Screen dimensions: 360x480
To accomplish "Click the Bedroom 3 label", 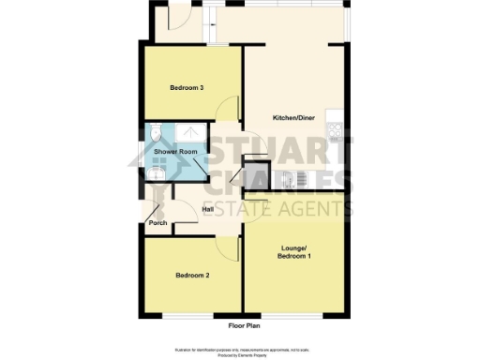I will [187, 88].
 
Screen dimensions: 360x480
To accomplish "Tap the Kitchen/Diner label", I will [292, 117].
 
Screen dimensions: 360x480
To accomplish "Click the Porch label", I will [157, 222].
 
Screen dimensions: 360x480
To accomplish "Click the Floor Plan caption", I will [242, 325].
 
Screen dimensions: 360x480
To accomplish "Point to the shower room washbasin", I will [155, 172].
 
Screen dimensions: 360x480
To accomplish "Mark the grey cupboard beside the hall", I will [255, 175].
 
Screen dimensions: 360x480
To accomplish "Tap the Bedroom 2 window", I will [191, 314].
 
